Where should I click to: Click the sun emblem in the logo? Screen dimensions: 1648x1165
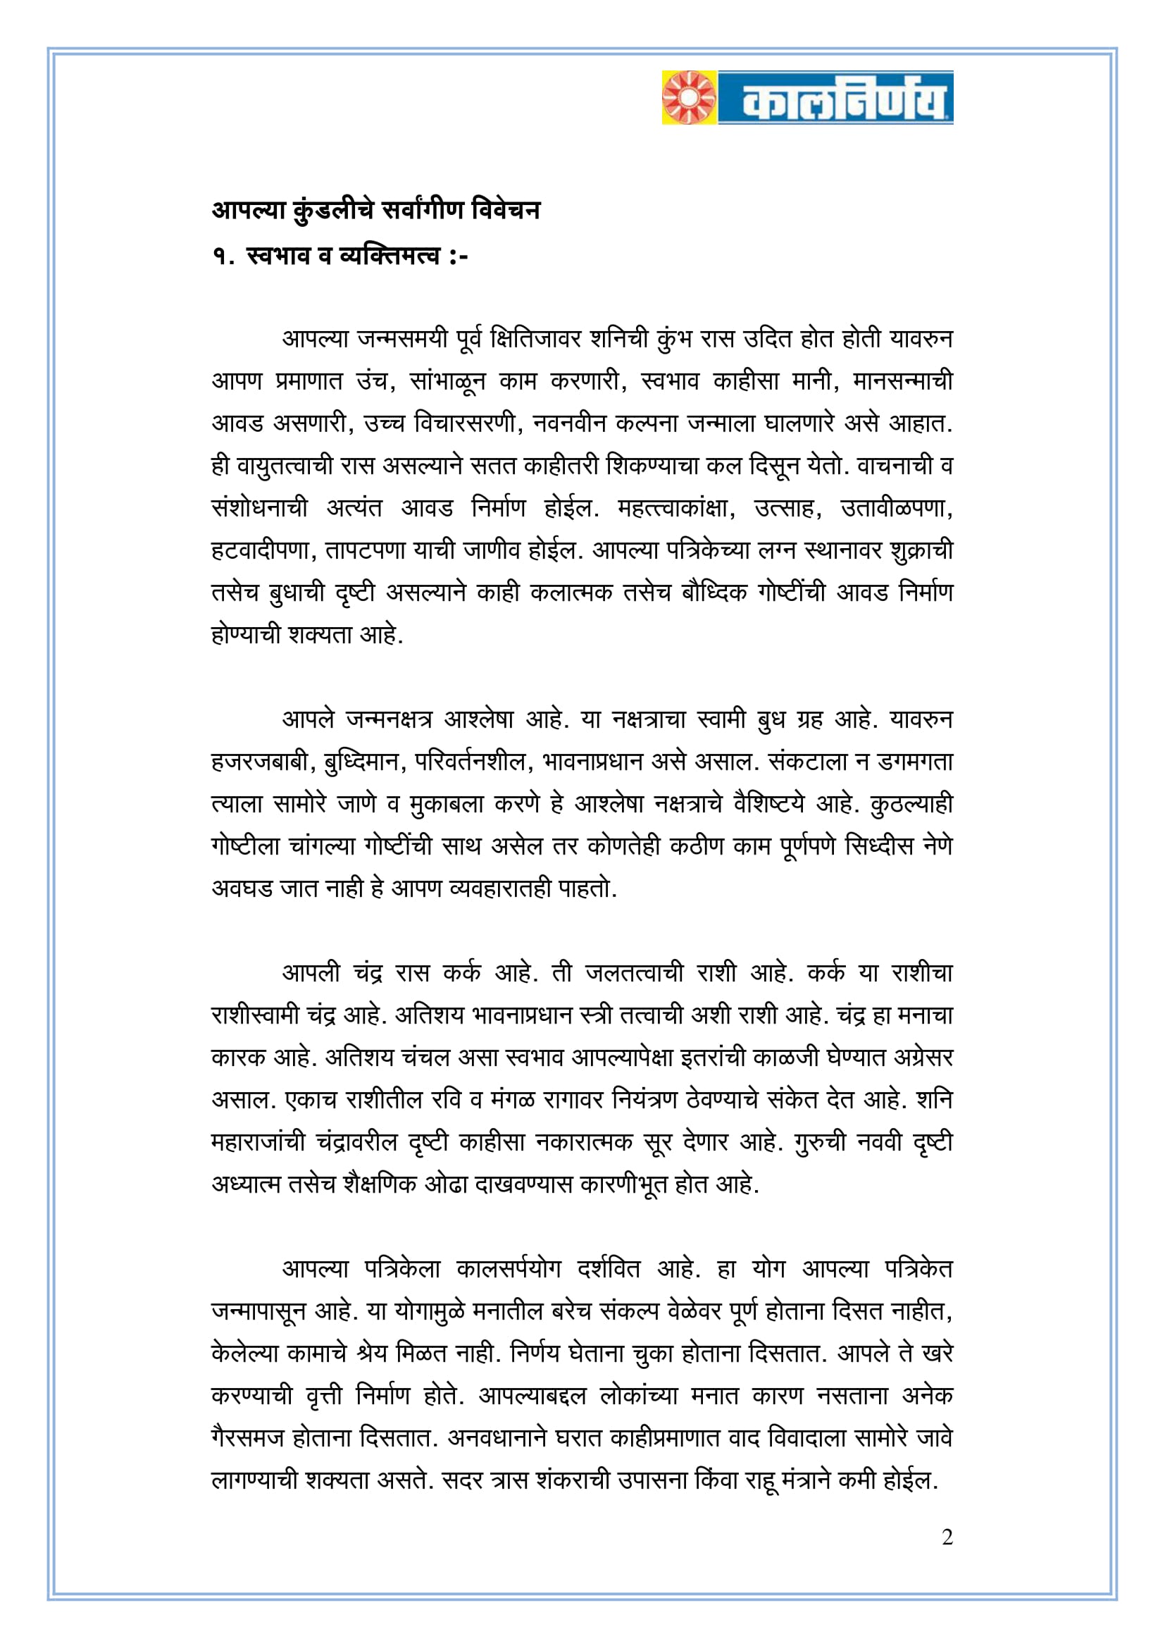point(690,98)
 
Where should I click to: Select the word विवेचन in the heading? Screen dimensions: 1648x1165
point(506,210)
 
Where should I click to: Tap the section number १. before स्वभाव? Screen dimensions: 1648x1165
point(223,256)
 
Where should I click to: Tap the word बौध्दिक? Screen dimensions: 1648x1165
point(714,593)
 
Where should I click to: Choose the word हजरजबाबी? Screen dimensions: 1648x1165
point(263,762)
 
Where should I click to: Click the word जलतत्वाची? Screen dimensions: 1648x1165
point(634,973)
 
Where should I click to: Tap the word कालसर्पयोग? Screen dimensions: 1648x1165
point(508,1269)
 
